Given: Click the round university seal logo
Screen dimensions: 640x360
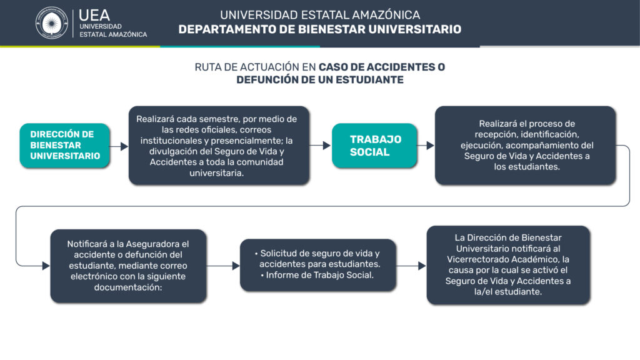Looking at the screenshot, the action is (x=51, y=23).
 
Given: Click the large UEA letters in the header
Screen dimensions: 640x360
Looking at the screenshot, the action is (x=94, y=16).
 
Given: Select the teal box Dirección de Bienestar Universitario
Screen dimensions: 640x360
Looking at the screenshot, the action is (x=64, y=145).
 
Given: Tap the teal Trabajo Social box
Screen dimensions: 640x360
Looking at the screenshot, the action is (x=374, y=145).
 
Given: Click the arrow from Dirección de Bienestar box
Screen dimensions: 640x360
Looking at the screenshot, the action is (x=119, y=146).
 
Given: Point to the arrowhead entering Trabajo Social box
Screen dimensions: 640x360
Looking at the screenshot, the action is (x=326, y=145).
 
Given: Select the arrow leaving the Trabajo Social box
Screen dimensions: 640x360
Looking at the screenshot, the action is (x=425, y=145).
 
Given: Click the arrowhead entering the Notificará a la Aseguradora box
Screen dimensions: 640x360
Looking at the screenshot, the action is (x=46, y=266).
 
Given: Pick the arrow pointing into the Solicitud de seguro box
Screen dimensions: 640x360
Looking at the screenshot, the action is (x=223, y=266).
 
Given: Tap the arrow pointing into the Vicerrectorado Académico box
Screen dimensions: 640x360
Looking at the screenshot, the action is (x=411, y=266).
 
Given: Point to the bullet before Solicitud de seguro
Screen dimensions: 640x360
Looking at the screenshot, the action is (x=256, y=254).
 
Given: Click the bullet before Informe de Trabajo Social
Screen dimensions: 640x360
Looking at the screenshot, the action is (x=262, y=276).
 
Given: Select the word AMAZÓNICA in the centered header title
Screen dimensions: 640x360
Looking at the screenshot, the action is (x=386, y=15).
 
